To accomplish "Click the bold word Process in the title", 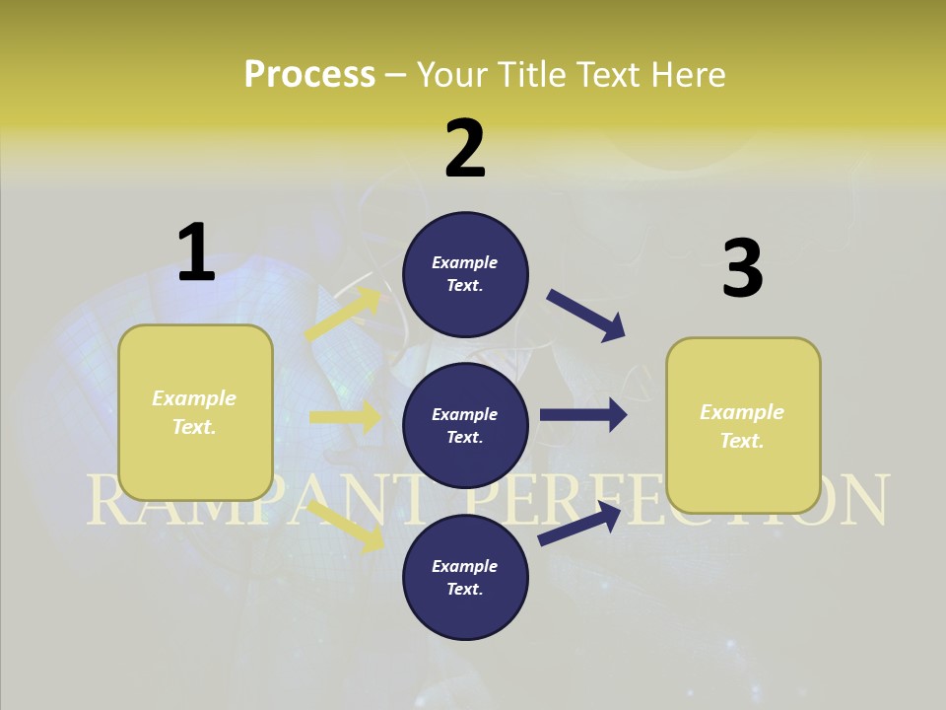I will [309, 75].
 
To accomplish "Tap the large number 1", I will [196, 252].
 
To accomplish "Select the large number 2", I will [465, 149].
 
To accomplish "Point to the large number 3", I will [742, 269].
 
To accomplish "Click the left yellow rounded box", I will [195, 412].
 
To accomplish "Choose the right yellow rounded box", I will [743, 425].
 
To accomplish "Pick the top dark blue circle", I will [465, 273].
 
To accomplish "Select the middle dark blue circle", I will [465, 425].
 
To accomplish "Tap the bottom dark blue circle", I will [465, 577].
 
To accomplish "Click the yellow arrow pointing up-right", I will [344, 315].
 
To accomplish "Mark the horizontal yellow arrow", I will [345, 417].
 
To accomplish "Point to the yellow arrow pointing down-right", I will [346, 527].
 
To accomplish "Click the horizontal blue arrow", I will [583, 415].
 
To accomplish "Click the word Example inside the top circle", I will [465, 262].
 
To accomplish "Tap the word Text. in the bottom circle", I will [465, 589].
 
